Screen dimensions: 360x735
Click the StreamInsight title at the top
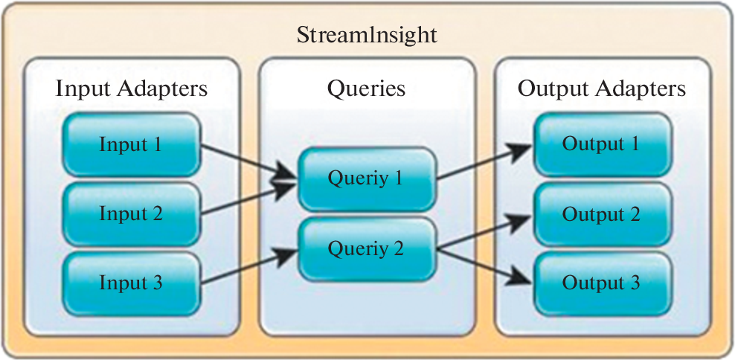tap(367, 36)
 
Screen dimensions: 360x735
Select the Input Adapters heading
tap(132, 89)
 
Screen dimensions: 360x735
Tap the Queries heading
tap(366, 89)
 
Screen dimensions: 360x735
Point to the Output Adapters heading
tap(601, 89)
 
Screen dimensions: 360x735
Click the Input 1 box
tap(131, 143)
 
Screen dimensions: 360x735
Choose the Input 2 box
tap(131, 213)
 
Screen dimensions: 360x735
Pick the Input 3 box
tap(131, 283)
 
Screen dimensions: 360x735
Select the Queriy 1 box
tap(366, 179)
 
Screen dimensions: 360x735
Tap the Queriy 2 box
tap(366, 248)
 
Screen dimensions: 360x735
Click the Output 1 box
tap(601, 143)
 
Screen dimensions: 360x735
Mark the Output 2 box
tap(601, 214)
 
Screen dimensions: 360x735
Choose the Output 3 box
tap(601, 283)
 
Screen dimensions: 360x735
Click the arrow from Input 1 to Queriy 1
tap(248, 161)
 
